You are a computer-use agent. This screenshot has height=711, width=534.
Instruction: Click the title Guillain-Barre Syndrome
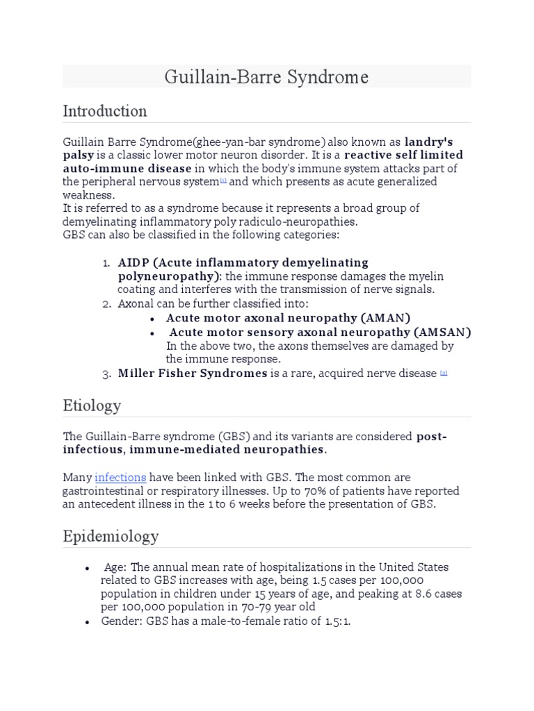[266, 76]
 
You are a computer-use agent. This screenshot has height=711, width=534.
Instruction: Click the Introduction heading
[104, 111]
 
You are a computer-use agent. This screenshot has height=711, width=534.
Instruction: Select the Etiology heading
[92, 405]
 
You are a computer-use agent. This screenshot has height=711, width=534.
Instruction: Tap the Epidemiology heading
[111, 537]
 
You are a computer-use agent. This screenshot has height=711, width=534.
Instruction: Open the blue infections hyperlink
[120, 478]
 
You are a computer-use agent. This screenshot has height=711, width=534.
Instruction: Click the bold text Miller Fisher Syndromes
[193, 374]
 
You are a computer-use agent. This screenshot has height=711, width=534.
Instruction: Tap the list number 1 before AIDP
[106, 263]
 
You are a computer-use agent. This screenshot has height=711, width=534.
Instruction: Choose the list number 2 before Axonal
[106, 304]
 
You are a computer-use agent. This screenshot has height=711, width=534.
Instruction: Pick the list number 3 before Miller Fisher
[106, 374]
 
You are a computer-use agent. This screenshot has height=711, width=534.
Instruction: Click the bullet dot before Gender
[87, 622]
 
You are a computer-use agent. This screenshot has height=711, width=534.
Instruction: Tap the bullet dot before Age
[87, 567]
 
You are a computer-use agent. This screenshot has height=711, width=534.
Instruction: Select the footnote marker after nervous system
[223, 181]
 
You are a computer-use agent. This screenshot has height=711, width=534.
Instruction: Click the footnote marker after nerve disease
[444, 373]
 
